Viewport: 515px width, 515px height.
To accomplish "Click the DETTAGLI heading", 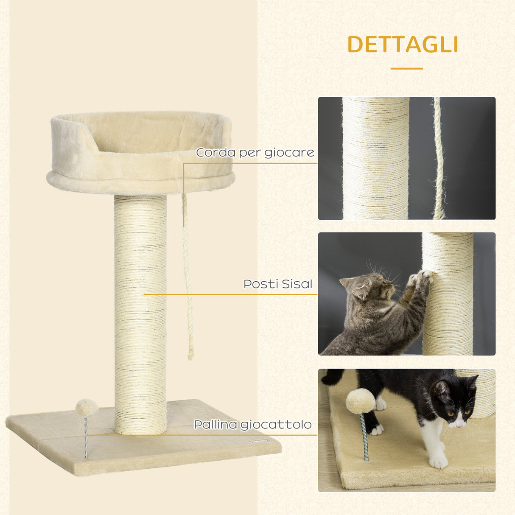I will [403, 45].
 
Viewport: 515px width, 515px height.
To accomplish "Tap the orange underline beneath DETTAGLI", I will [406, 68].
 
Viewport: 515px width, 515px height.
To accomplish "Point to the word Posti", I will [260, 284].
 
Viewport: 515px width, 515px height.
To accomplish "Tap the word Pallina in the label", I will [215, 424].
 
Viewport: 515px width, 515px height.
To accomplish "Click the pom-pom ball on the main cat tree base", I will [87, 407].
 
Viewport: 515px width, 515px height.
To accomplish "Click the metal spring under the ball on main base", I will [86, 437].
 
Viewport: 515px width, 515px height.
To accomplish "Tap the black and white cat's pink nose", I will [459, 424].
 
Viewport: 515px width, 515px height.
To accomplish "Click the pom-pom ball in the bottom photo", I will [360, 401].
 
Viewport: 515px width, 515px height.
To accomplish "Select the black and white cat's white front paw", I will [438, 461].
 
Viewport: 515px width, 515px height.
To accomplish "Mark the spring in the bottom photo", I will [364, 437].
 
